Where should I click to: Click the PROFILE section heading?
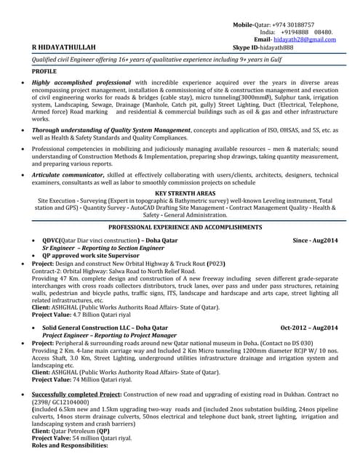(44, 73)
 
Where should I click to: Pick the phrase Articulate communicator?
(69, 174)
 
